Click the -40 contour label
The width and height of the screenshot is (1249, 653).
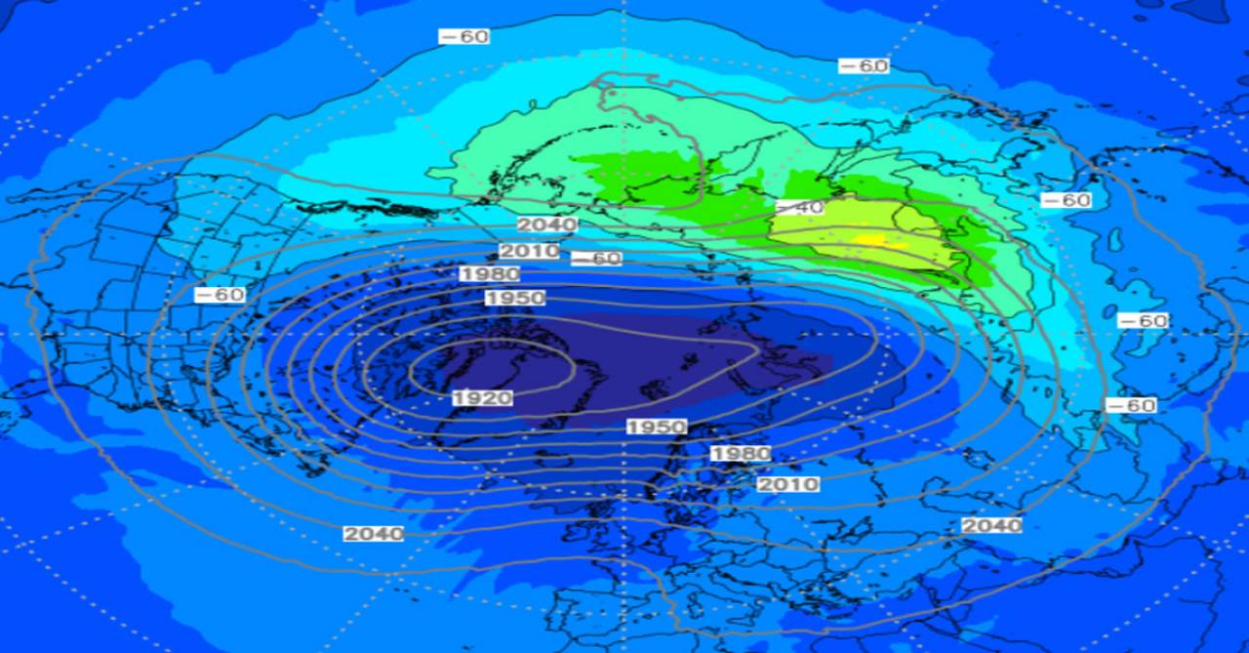point(800,208)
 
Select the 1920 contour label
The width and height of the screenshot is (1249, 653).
point(482,397)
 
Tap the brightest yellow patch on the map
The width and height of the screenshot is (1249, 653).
point(867,239)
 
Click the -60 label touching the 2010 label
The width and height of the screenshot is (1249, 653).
point(595,259)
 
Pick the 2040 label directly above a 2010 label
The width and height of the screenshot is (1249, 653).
point(546,225)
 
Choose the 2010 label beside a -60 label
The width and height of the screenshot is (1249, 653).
point(529,251)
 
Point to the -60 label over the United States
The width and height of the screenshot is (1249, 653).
point(220,294)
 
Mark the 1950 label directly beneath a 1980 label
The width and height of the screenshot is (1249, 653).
point(514,298)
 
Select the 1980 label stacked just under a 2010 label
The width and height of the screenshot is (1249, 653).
point(489,274)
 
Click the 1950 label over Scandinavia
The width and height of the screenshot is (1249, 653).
point(657,428)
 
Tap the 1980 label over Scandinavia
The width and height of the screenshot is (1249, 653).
point(741,454)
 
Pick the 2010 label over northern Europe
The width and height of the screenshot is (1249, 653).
point(788,484)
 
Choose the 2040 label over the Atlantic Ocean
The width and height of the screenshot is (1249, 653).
point(373,534)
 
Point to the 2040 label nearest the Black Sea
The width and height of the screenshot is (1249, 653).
point(992,525)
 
